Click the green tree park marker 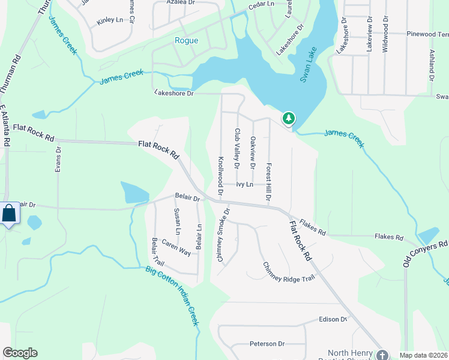[x=289, y=118]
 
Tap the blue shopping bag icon [x=10, y=214]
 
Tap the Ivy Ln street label [x=244, y=185]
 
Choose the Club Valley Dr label [x=237, y=148]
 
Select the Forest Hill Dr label [x=269, y=182]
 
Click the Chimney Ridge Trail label [x=288, y=272]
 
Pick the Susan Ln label [x=177, y=221]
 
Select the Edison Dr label [x=333, y=319]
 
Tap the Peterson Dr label [x=267, y=344]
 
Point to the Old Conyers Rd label [x=425, y=254]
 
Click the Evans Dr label [x=58, y=160]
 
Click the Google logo [x=20, y=353]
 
